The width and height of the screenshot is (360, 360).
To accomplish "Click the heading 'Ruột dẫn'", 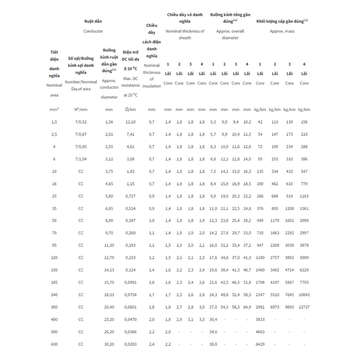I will click(93, 21).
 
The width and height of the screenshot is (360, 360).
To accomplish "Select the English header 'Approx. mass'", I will click(282, 31).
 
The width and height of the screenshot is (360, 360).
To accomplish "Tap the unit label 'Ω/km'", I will click(130, 110).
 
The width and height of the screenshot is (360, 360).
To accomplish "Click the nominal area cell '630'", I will click(54, 344).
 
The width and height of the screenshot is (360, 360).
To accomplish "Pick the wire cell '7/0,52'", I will click(81, 122).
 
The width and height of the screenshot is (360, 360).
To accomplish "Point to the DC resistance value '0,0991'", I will click(130, 283).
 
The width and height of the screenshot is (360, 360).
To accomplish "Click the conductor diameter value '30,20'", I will click(109, 344).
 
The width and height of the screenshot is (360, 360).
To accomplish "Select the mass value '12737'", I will click(304, 307).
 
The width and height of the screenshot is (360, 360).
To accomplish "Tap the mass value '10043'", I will click(304, 295).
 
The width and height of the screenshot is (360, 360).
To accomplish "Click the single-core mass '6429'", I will click(260, 344).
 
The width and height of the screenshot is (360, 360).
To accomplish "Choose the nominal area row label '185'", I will click(54, 283).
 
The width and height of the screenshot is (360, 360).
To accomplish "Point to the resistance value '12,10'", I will click(130, 122).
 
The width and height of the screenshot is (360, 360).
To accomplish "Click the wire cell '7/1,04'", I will click(81, 159).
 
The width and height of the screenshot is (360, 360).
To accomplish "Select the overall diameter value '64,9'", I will click(247, 307).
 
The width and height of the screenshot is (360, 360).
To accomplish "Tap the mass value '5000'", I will click(304, 258).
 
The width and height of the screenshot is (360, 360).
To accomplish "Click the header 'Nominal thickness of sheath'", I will click(185, 34).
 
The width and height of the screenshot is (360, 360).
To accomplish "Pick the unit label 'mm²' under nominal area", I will click(54, 110).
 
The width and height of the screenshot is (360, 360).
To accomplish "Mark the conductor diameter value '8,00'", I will click(109, 220).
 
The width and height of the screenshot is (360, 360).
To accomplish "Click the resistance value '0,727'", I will click(130, 196).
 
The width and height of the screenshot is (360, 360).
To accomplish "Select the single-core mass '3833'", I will click(260, 320).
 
